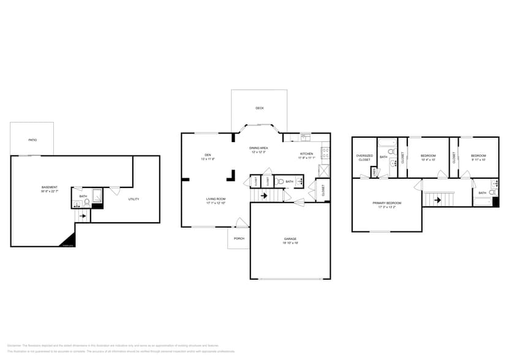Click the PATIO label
pos(32,140)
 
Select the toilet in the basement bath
pos(86,202)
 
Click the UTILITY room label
pos(133,199)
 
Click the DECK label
pos(260,108)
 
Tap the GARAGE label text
pos(290,239)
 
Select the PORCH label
pos(239,238)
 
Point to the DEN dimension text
pos(208,159)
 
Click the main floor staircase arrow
pos(264,196)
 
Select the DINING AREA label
pos(258,148)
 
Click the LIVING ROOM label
pos(216,199)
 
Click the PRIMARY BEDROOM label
pos(386,203)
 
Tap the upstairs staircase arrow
pos(437,199)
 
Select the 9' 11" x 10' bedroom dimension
pos(478,160)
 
